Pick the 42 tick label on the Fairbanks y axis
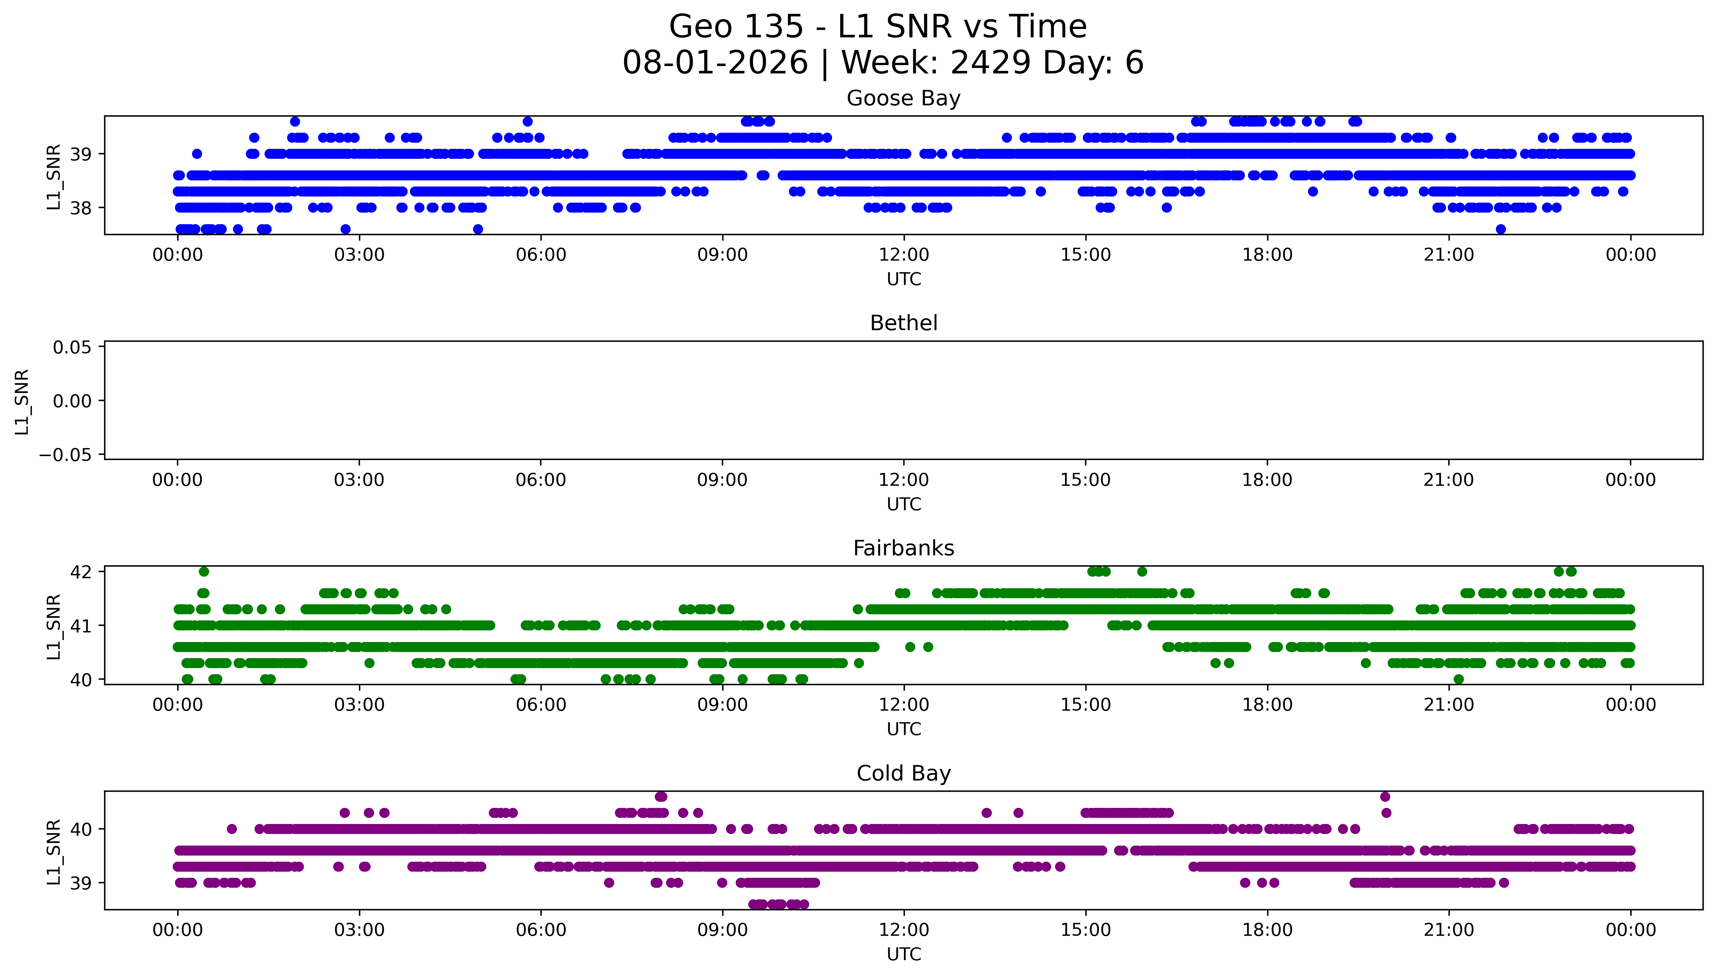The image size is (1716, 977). coord(81,572)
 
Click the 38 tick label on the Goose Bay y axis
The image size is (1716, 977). coord(81,208)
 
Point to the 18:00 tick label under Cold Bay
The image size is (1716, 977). coord(1267,930)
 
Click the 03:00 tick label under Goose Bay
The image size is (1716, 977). coord(359,255)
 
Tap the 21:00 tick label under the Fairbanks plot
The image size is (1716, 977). coord(1449,704)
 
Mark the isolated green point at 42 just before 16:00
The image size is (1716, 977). coord(1142,572)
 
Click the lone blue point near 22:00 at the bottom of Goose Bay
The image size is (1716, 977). coord(1501,229)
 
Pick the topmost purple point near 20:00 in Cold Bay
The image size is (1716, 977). coord(1385,797)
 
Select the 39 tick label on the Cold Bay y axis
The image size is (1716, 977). coord(81,883)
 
